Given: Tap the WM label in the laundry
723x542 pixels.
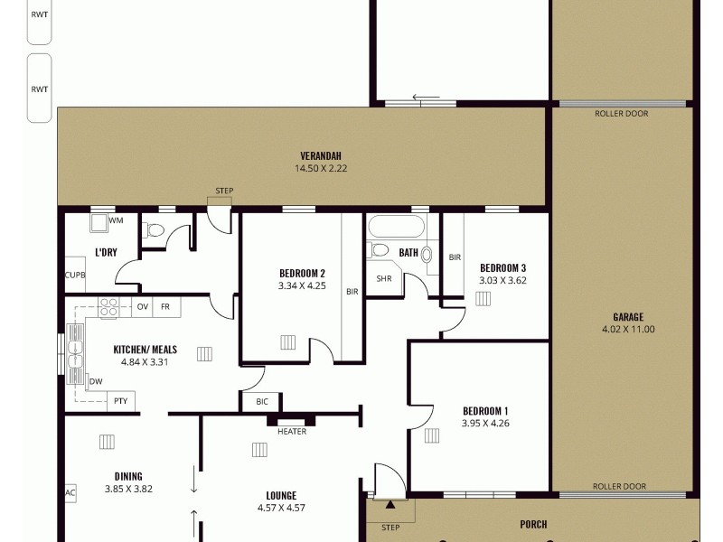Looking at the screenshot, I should tap(116, 220).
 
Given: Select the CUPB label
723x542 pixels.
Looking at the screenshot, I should tap(75, 276).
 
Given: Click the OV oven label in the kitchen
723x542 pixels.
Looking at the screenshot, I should tap(142, 307).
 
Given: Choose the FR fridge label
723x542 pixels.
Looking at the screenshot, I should tap(165, 307).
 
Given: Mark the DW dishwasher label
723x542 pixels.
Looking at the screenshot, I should tap(96, 381).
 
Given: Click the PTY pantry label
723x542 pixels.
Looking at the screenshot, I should tap(120, 401).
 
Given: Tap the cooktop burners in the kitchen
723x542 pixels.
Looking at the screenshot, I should tap(108, 307).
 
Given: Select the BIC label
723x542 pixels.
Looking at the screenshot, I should tap(262, 401).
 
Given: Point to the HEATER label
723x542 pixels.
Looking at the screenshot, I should tap(291, 432).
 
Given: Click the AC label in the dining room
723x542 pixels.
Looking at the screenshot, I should tap(70, 493).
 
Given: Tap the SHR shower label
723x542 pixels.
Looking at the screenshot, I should tap(383, 278).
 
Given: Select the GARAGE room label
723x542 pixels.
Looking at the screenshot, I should tap(627, 317).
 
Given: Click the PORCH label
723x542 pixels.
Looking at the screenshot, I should tap(533, 524).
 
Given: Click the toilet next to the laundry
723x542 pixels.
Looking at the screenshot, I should tap(155, 230).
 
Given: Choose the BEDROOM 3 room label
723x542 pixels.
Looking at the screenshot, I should tap(502, 268).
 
